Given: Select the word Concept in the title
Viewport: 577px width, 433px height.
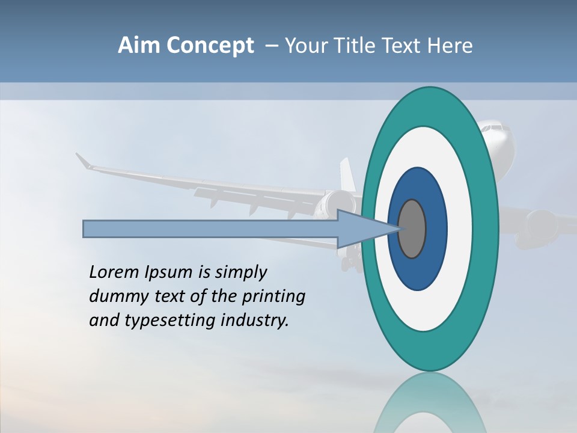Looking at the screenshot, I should (x=210, y=46).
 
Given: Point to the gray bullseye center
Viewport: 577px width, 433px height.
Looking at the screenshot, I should (x=412, y=229).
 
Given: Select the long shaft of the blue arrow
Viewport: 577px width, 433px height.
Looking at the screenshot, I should (x=210, y=229).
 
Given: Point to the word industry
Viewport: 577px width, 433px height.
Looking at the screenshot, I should (x=255, y=320).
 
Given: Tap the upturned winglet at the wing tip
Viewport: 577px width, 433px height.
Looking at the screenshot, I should (x=83, y=161).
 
